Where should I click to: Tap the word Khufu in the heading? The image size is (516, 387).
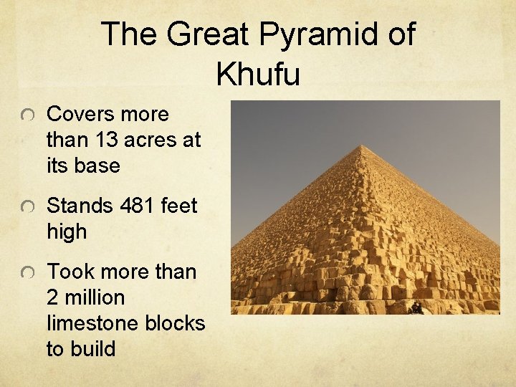[x=258, y=73]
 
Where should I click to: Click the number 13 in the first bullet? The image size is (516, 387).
[x=107, y=140]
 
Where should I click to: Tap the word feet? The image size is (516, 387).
[x=178, y=206]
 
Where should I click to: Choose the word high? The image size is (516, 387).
[x=67, y=231]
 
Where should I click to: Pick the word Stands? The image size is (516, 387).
[x=80, y=206]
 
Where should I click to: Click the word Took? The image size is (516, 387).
[x=70, y=272]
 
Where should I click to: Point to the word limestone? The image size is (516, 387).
[x=93, y=323]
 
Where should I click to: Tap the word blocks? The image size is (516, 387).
[x=176, y=323]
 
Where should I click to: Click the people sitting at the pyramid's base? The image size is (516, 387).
[x=416, y=307]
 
